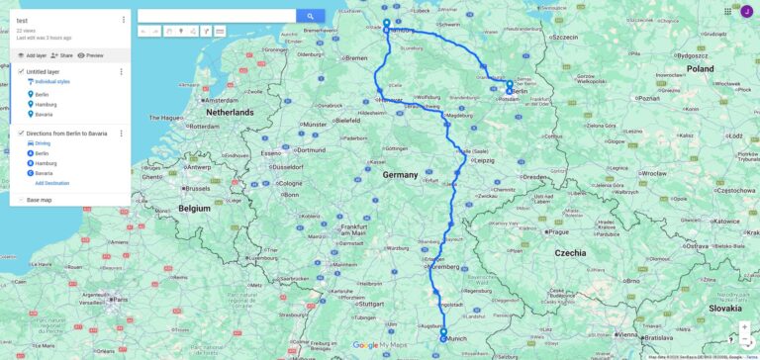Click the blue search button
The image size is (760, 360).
tap(310, 16)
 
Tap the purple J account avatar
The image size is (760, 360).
tap(747, 11)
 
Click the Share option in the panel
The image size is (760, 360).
tap(63, 55)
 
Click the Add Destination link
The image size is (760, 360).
tap(52, 183)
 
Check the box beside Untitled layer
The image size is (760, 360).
tap(21, 71)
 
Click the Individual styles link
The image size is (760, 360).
tap(52, 82)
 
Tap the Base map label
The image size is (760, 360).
tap(40, 200)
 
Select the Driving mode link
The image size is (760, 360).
tap(43, 143)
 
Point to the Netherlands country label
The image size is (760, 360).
tap(230, 113)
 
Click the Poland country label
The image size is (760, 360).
tap(701, 69)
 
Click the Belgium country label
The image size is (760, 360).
tap(195, 209)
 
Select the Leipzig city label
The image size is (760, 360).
tap(485, 159)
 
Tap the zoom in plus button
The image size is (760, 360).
tap(744, 326)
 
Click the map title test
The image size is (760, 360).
tap(22, 21)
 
